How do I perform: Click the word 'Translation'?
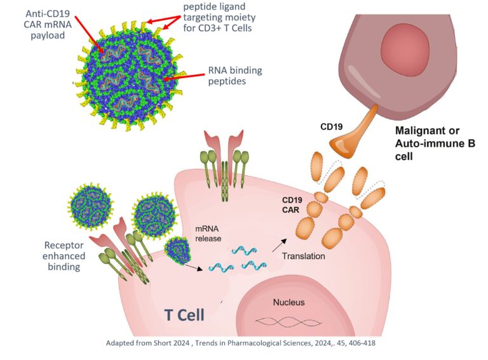(304, 256)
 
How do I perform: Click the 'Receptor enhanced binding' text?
(62, 256)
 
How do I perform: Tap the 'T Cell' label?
(184, 314)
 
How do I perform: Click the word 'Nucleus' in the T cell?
(289, 302)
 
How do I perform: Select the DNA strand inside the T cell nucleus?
(285, 321)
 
